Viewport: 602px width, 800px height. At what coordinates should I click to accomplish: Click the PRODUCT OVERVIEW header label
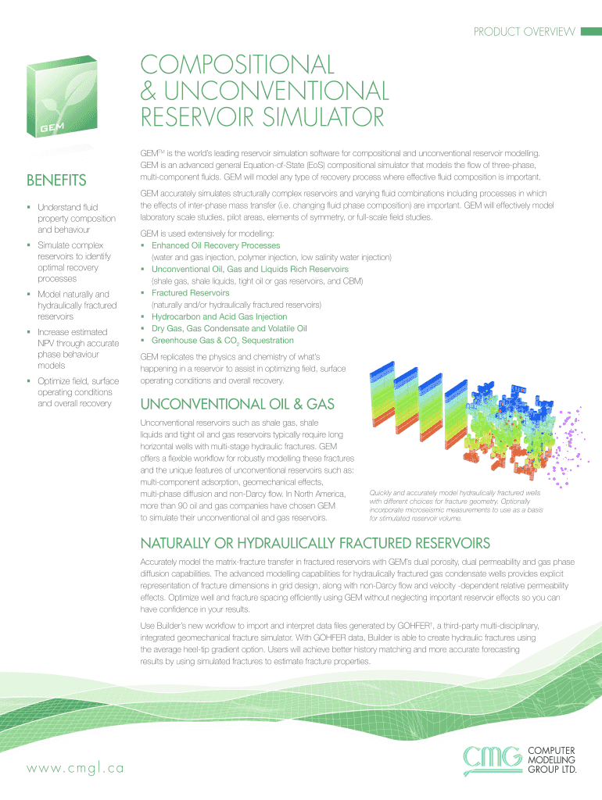(x=525, y=32)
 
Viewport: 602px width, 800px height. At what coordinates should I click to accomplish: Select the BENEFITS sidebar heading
(x=57, y=181)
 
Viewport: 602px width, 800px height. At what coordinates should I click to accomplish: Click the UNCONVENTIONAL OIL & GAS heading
(x=237, y=404)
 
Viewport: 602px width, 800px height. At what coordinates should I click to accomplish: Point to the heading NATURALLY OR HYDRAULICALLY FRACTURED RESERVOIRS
(x=314, y=543)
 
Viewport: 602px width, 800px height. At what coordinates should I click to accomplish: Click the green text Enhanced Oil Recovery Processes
(x=215, y=245)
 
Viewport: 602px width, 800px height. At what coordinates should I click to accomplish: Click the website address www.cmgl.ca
(x=75, y=768)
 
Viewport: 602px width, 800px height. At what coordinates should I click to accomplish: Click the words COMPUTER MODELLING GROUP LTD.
(x=553, y=759)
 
